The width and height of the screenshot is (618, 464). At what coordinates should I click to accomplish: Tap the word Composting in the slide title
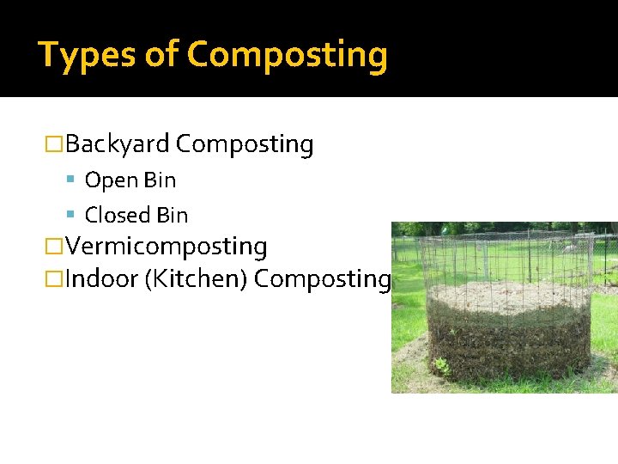pos(288,55)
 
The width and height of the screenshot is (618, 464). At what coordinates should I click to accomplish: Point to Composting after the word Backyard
pos(245,144)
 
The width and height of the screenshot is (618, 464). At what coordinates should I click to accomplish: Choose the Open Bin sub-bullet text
pos(130,180)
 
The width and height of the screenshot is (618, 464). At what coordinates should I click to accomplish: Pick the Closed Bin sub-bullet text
pos(136,215)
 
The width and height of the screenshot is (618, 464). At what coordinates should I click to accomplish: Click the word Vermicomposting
pos(167,247)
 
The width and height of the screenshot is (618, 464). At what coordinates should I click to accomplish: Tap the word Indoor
pos(100,279)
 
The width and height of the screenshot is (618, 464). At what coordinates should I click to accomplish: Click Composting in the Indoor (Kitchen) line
pos(323,279)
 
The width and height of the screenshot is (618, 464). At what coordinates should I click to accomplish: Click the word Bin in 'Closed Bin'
pos(172,215)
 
